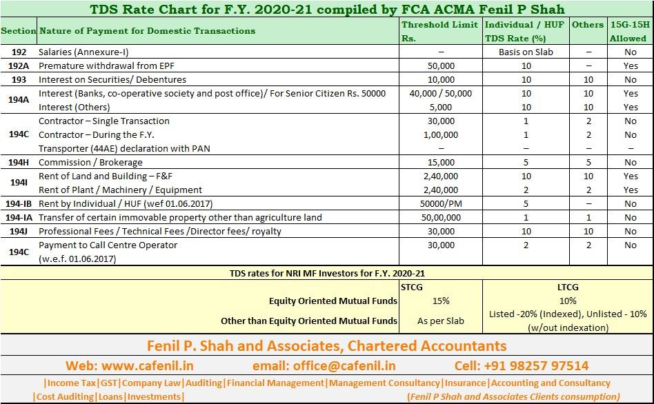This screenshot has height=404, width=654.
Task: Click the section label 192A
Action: coord(19,66)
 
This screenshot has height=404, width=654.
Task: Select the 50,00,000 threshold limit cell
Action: coord(441,218)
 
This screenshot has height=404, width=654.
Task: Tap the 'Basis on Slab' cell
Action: coord(526,52)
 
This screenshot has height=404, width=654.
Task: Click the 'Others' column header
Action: coord(588,25)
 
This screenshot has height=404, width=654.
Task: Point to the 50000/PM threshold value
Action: coord(441,204)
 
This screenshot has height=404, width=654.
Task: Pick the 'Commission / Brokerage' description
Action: coord(90,163)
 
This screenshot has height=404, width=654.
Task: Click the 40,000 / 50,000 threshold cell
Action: coord(440,93)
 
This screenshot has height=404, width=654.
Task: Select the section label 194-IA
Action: coord(19,218)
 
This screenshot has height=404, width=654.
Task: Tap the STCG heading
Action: coord(412,287)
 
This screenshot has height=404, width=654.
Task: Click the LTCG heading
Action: coord(568,287)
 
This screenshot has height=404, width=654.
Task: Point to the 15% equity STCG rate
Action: coord(441,301)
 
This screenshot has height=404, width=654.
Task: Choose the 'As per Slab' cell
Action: coord(440,321)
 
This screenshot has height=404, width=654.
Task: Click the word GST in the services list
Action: coord(109,383)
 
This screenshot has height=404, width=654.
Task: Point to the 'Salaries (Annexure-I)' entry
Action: coord(83,52)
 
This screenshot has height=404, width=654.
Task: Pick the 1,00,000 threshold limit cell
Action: coord(441,135)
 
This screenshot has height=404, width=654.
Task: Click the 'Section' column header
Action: coord(19,31)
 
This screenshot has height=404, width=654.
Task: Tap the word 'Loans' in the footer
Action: coord(110,397)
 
